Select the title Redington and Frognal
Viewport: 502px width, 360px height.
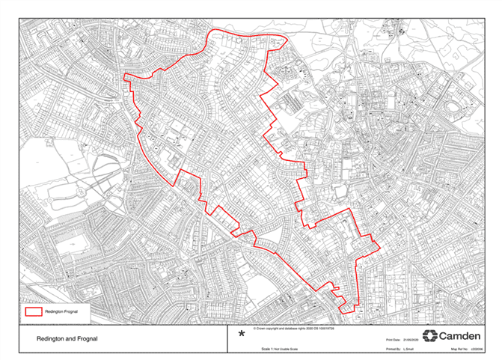point(67,338)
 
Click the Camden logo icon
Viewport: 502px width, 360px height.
point(429,335)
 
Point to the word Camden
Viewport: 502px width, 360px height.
point(459,335)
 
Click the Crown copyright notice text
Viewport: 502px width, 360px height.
point(293,328)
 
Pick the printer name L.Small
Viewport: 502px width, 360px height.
point(411,349)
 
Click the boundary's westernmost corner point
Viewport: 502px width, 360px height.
point(122,75)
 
